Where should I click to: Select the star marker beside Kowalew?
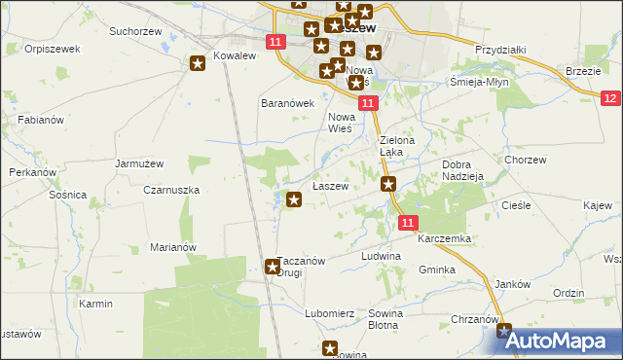pos(198,64)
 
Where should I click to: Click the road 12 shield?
pos(610,98)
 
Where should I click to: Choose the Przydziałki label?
pos(500,49)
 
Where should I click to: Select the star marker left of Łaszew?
pos(294,199)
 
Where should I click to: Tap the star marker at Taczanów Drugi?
pos(273,266)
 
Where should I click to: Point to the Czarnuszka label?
pos(171,191)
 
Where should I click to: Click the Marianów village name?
pos(174,247)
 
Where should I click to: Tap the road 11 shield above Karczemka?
pos(409,223)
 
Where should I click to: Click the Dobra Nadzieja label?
pos(462,171)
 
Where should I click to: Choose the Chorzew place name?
pos(524,160)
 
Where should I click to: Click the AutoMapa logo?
pos(557,342)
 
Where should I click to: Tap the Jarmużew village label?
pos(137,163)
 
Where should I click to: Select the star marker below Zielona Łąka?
pos(389,184)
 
